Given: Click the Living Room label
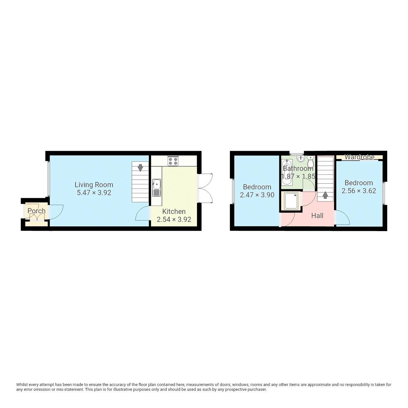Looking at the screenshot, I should click(94, 185).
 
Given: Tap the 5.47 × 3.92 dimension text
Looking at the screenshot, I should click(94, 193).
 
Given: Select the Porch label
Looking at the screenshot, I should click(36, 211).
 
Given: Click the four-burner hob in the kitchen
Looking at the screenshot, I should click(173, 161).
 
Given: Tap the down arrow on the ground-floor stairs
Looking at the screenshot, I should click(140, 167).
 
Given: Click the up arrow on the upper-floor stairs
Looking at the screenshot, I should click(325, 195).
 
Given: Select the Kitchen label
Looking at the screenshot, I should click(174, 211).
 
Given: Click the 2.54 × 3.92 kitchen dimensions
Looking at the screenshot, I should click(174, 219).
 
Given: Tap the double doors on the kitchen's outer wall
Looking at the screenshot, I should click(205, 188).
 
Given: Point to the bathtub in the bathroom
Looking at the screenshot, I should click(287, 172).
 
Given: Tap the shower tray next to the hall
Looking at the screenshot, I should click(291, 201).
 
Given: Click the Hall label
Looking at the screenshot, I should click(317, 216).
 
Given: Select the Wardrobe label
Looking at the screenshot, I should click(359, 157).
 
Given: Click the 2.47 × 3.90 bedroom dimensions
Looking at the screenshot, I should click(257, 195).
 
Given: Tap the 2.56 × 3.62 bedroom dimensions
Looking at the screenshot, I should click(359, 191).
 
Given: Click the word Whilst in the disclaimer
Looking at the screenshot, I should click(23, 385).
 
